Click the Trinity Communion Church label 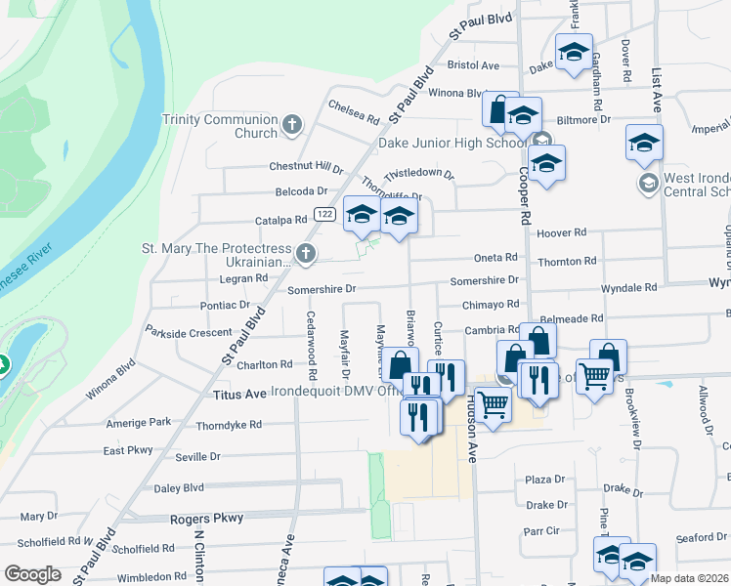(x=221, y=126)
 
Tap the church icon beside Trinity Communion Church (x=292, y=125)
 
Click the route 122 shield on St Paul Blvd (x=325, y=214)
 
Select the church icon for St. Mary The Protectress (x=306, y=255)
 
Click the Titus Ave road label (x=239, y=394)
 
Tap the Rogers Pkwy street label (x=205, y=520)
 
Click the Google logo (x=33, y=574)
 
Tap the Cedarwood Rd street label (x=311, y=345)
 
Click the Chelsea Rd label (x=354, y=112)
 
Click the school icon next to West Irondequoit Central (x=647, y=184)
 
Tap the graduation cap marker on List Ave (x=645, y=143)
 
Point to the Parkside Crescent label (x=190, y=332)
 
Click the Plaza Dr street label (x=545, y=480)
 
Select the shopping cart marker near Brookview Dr (x=593, y=375)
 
